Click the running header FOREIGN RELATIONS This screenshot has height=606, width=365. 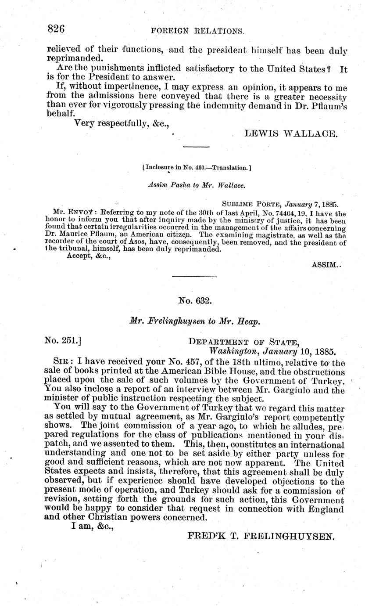click(x=197, y=31)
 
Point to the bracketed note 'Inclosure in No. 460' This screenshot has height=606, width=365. click(x=197, y=167)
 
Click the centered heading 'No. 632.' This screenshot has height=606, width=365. click(x=195, y=301)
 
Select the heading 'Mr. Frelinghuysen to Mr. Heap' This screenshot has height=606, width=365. click(x=196, y=321)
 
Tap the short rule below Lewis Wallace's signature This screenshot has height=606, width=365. click(x=196, y=146)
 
